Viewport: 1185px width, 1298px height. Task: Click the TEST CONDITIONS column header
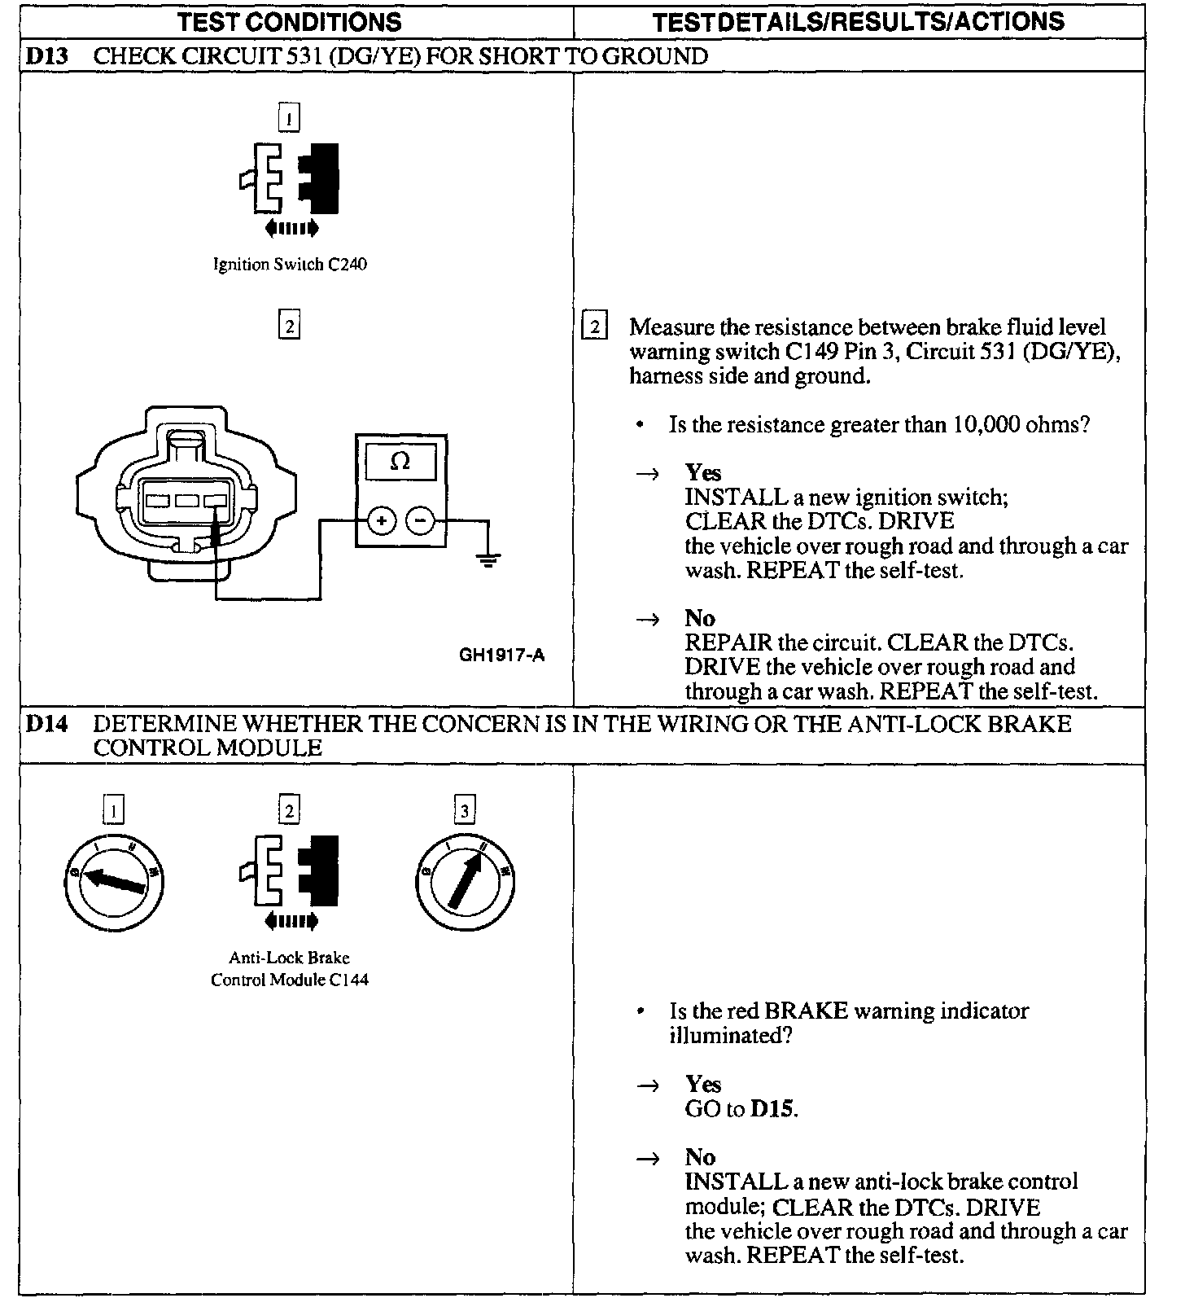click(x=290, y=21)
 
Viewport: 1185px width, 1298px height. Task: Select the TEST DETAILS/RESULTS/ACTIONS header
click(x=858, y=21)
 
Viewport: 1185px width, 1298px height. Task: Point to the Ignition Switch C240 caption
click(x=290, y=265)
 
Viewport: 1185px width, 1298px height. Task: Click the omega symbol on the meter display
click(x=400, y=462)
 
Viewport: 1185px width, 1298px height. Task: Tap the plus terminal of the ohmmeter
click(x=382, y=519)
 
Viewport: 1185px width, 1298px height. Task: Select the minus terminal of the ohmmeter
click(x=420, y=519)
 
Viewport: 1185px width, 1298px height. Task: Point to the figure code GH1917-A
click(x=501, y=654)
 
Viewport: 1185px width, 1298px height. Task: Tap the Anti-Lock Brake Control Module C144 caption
click(x=290, y=969)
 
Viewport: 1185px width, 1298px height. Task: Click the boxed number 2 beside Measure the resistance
click(x=594, y=327)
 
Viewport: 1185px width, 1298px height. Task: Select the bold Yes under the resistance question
click(x=702, y=472)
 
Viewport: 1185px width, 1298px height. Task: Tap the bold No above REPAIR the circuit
click(x=699, y=618)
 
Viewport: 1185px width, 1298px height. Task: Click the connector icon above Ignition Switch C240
click(x=290, y=178)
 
